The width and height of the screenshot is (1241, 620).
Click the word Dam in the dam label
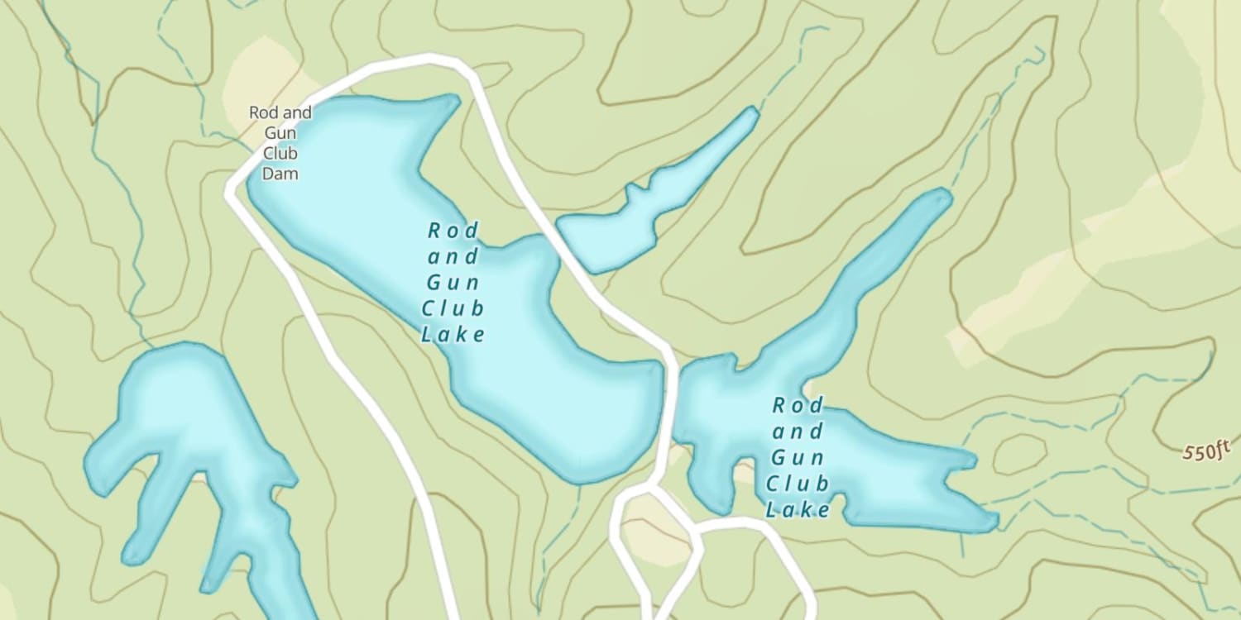point(280,174)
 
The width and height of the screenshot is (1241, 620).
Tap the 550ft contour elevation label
point(1207,451)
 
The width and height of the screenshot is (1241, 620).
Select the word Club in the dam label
point(280,153)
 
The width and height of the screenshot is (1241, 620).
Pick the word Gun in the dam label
point(280,133)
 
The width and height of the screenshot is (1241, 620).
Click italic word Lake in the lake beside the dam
point(453,334)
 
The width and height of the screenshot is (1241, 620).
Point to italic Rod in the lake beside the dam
point(453,229)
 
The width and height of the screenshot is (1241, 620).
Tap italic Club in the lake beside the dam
point(453,308)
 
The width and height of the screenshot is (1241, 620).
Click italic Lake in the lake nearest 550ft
point(798,509)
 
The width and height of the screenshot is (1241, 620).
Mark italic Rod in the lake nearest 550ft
point(798,405)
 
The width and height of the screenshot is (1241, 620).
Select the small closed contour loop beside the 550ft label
point(1019,454)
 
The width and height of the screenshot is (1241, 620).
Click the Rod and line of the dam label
point(280,112)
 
